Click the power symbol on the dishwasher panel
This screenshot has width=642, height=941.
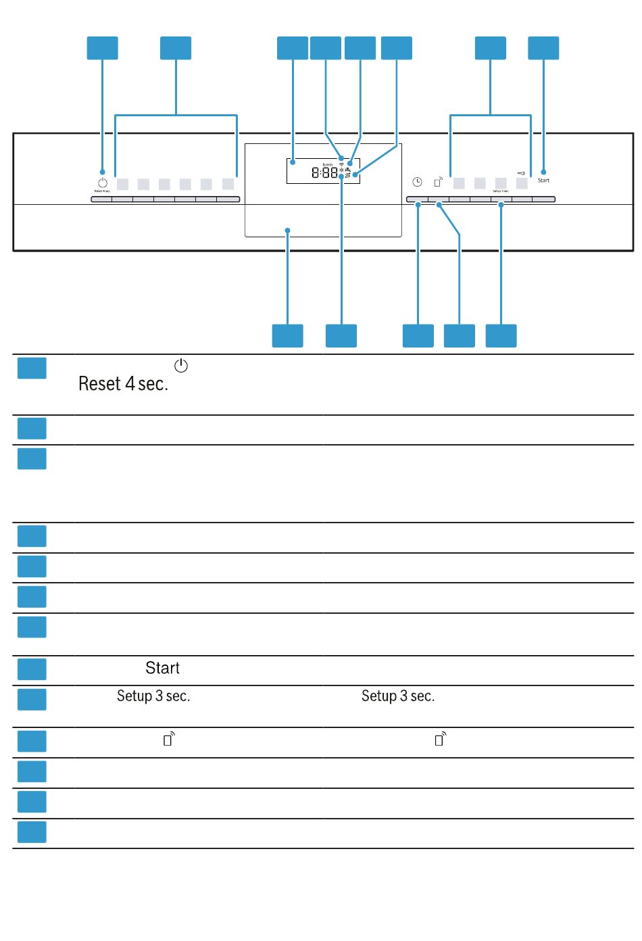tap(103, 183)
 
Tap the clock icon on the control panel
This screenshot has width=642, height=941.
tap(418, 182)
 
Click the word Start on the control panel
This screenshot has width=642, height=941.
tap(543, 180)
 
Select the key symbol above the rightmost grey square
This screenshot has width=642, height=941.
tap(522, 173)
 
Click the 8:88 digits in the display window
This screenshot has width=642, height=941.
tap(324, 173)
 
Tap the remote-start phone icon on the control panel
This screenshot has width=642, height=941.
tap(438, 182)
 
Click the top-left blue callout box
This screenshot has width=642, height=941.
tap(103, 48)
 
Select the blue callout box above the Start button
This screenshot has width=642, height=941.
tap(543, 48)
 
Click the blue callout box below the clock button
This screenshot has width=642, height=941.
tap(418, 336)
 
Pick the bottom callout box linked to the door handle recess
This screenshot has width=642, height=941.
tap(288, 336)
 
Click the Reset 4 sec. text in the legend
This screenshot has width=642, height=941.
tap(123, 384)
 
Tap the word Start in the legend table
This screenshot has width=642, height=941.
tap(163, 669)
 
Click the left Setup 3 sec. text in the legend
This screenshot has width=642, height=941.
tap(153, 696)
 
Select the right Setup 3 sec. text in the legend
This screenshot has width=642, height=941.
tap(398, 696)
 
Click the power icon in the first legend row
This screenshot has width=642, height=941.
tap(181, 366)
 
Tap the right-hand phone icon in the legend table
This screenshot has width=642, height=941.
tap(440, 739)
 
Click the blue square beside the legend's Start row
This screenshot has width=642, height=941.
tap(32, 669)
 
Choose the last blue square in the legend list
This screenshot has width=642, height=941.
tap(32, 832)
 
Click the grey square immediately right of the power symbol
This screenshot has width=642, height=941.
tap(122, 184)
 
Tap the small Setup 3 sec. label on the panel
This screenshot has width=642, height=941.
tap(501, 191)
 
